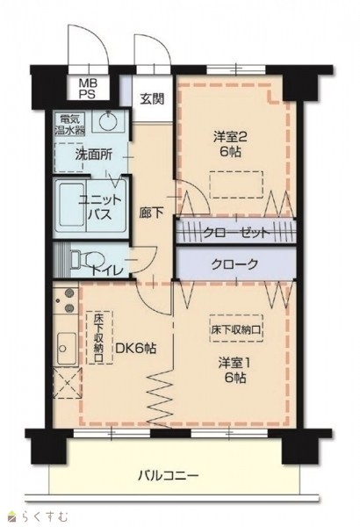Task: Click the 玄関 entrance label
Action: click(x=152, y=98)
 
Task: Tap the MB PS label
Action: click(x=87, y=88)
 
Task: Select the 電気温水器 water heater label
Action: click(x=70, y=125)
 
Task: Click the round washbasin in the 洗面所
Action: click(x=107, y=121)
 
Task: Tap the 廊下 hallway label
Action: click(x=152, y=213)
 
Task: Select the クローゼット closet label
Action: click(x=236, y=233)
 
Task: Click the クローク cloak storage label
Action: click(x=234, y=264)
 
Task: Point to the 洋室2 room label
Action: click(x=231, y=144)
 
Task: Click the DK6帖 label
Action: click(x=135, y=348)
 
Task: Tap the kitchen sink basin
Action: click(x=67, y=349)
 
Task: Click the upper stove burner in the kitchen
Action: click(x=69, y=292)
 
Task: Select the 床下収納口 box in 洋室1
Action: click(x=236, y=328)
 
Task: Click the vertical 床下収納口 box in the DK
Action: click(x=99, y=337)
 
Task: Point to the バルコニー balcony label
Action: click(x=169, y=475)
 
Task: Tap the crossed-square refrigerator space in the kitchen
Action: click(x=68, y=383)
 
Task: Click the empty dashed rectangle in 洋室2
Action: click(x=236, y=184)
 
